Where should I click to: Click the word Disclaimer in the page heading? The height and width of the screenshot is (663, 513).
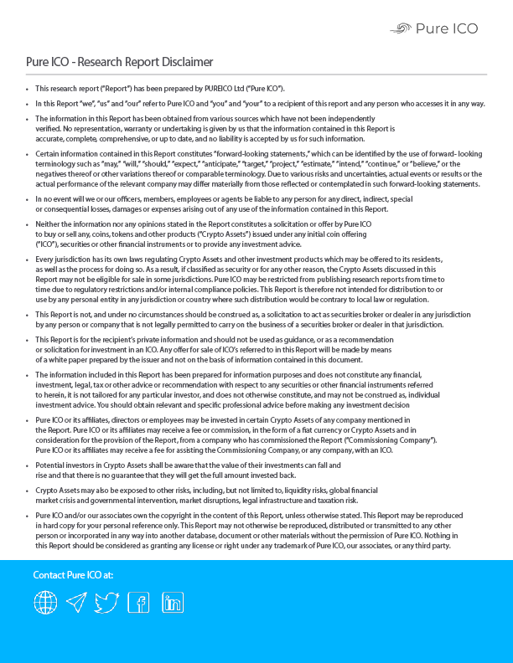[185, 62]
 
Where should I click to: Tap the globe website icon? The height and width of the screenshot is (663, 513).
[45, 601]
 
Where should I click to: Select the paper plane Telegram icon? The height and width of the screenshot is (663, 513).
[76, 601]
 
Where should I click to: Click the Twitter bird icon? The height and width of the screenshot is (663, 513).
[106, 601]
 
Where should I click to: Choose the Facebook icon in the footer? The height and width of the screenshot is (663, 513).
[138, 601]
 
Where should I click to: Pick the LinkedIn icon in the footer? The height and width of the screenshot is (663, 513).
[173, 601]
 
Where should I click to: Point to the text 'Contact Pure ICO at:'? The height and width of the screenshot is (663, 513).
[73, 575]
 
